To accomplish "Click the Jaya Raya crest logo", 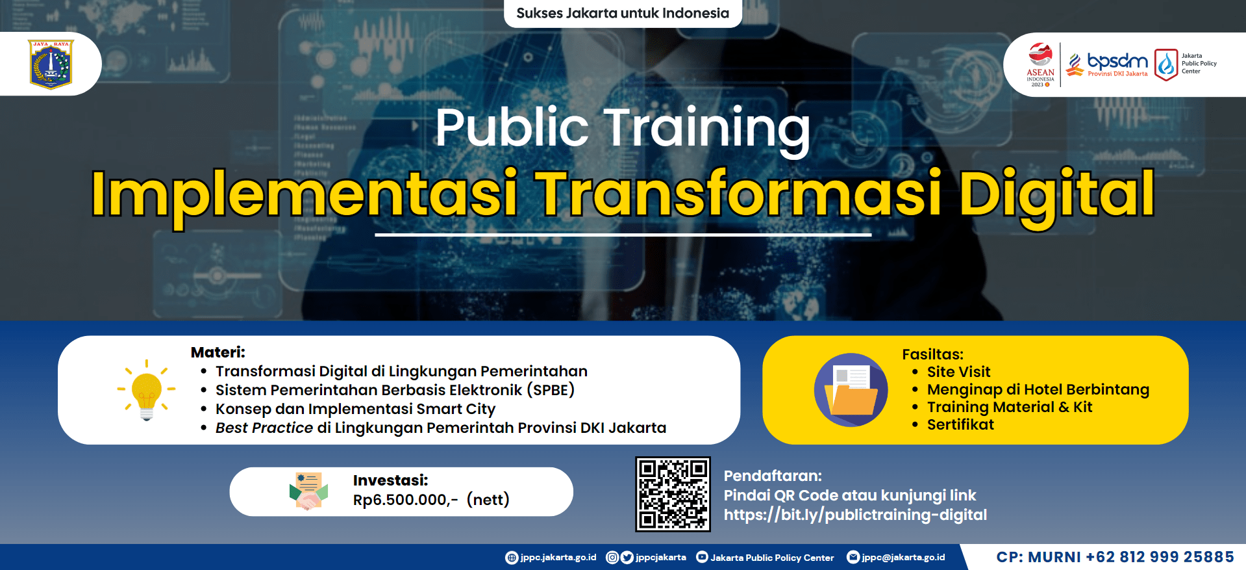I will point(51,64).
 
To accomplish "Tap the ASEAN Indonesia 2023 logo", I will point(1040,64).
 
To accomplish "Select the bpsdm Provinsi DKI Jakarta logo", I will point(1108,64).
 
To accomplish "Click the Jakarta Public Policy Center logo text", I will point(1198,64).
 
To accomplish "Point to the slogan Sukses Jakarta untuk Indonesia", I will point(622,13).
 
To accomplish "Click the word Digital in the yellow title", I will point(1056,194).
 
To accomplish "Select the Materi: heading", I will point(218,352).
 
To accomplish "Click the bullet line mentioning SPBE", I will point(395,390).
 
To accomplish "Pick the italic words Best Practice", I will point(264,428).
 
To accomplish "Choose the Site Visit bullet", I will point(958,372).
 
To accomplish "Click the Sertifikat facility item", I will point(960,424).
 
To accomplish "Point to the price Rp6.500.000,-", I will point(405,500).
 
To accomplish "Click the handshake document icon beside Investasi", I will point(308,491).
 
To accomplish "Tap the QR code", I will point(673,494).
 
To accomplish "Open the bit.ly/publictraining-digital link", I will point(855,515).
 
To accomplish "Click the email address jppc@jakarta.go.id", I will point(903,557).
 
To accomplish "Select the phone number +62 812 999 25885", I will point(1160,557).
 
